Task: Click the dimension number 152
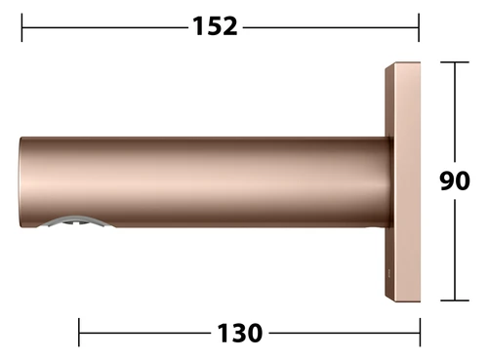tap(215, 26)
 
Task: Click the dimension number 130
tap(239, 333)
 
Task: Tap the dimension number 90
tap(455, 180)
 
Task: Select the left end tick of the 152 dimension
tap(21, 27)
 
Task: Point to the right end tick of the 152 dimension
tap(419, 27)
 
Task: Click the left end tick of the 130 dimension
tap(79, 333)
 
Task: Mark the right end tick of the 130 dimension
tap(420, 333)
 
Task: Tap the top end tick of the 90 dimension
tap(455, 61)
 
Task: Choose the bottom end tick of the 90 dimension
tap(455, 300)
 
